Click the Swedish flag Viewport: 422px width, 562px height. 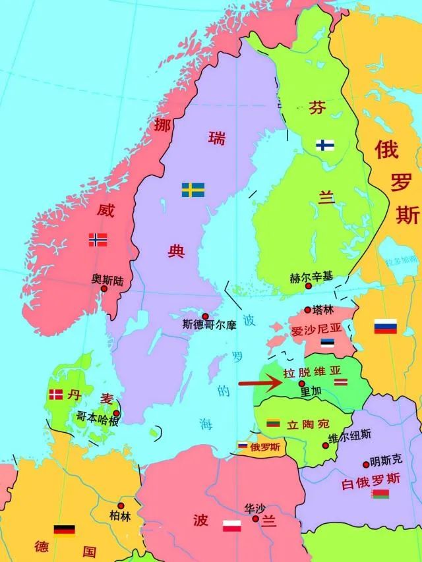[193, 190]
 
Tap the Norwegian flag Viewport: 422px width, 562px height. [98, 240]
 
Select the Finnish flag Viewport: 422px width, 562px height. [324, 145]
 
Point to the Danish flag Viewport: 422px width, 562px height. [56, 395]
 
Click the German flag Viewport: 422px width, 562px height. [64, 530]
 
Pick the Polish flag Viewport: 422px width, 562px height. [231, 525]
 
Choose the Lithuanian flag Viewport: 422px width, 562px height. [274, 422]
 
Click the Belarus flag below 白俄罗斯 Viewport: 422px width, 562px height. [380, 493]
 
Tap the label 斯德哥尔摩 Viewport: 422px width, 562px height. [209, 325]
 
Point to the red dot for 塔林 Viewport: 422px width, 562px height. [307, 310]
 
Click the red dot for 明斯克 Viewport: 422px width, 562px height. [366, 465]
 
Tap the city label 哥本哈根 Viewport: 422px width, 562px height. [98, 416]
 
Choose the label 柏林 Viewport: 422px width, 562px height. [120, 515]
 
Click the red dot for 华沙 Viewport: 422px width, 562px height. [255, 519]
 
